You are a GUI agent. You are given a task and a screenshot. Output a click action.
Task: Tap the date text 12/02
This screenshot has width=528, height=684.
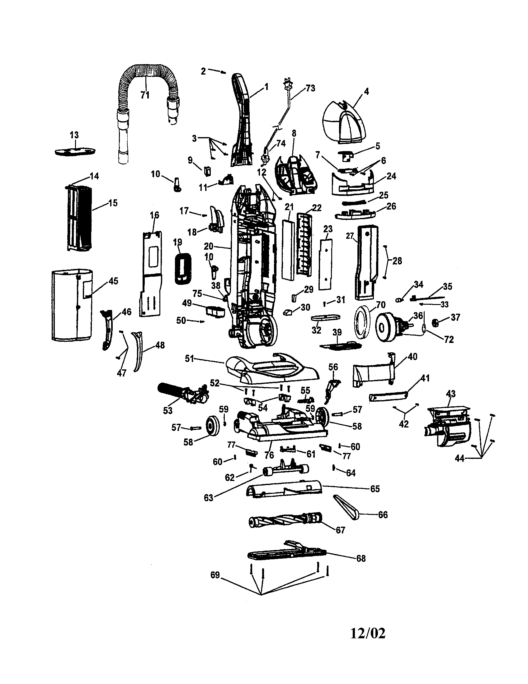point(367,633)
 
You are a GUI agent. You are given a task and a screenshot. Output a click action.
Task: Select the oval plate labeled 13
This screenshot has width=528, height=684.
point(75,151)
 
